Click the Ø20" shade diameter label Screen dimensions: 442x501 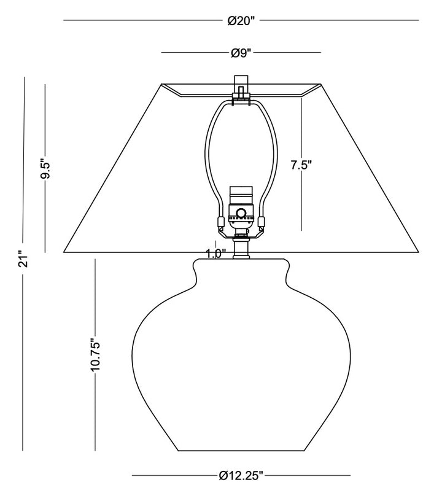pos(241,21)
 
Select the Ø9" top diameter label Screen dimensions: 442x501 pos(241,53)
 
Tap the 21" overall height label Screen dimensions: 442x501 pos(23,258)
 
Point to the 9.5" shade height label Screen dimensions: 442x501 pos(45,168)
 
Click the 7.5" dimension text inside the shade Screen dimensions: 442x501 pos(301,165)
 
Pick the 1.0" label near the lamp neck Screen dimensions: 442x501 pos(215,254)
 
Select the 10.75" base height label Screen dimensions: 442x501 pos(95,355)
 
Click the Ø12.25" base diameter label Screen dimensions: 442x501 pos(241,476)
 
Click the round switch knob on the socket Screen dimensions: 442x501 pos(241,212)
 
